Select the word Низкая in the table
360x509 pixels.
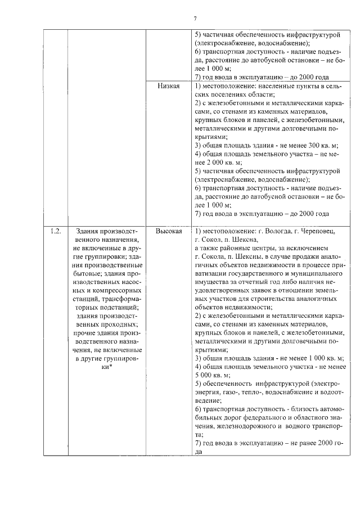tap(169, 86)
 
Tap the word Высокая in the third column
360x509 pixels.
tap(169, 231)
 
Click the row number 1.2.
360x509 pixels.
tap(55, 231)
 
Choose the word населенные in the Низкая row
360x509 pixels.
tap(269, 86)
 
